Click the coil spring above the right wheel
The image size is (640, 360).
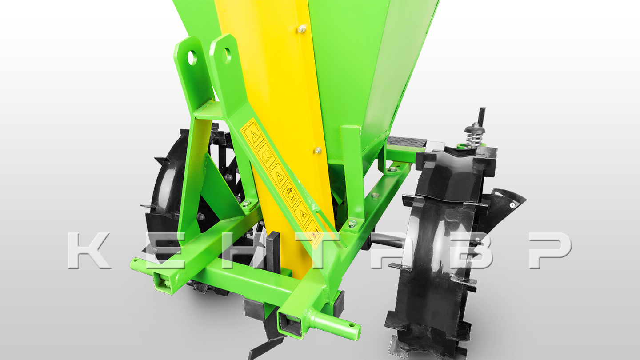[x=474, y=137]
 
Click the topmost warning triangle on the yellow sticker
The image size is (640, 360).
[x=253, y=135]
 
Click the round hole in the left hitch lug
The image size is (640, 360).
[x=192, y=58]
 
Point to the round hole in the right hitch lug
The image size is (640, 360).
[x=227, y=56]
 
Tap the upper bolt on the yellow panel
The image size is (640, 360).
[x=302, y=29]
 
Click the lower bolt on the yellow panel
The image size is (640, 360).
[x=318, y=151]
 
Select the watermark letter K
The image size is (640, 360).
[x=88, y=250]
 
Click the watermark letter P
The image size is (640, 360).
[x=550, y=250]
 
